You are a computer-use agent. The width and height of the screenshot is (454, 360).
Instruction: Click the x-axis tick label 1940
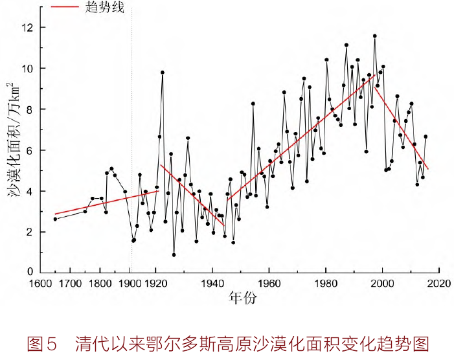(213, 284)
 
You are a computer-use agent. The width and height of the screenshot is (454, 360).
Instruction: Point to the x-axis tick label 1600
(43, 284)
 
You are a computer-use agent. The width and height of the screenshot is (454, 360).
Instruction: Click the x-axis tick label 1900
(128, 284)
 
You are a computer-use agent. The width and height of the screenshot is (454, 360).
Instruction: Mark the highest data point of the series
(374, 36)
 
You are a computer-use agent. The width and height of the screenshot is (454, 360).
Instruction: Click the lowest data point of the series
(174, 254)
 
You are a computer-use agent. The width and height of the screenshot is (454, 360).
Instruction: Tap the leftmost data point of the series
(55, 219)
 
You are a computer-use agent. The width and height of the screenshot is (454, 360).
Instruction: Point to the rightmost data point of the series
(426, 137)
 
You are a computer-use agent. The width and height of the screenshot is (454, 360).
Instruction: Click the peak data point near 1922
(163, 73)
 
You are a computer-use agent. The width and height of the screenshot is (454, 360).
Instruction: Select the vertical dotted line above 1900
(131, 129)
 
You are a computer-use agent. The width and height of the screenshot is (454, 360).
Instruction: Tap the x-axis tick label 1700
(71, 284)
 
